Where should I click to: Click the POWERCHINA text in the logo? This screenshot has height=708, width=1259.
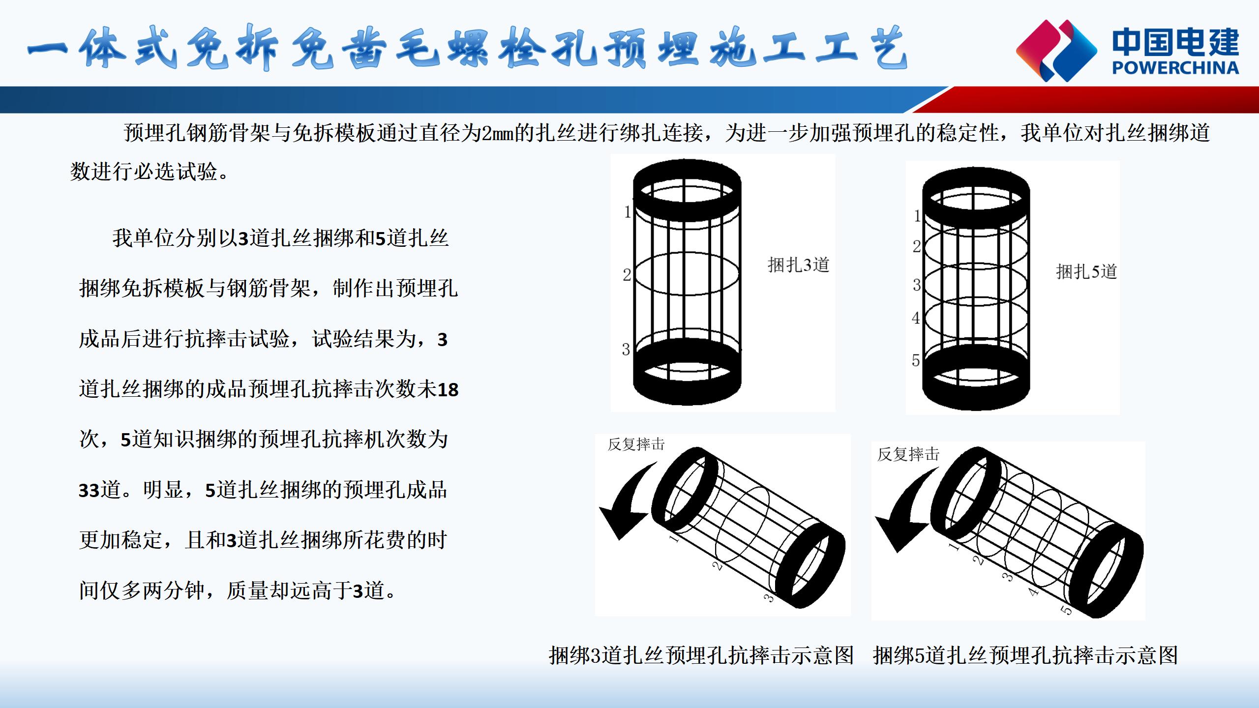(x=1175, y=67)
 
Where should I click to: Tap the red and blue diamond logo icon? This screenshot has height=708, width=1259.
(x=1056, y=50)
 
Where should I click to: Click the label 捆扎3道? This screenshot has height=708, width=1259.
(x=799, y=265)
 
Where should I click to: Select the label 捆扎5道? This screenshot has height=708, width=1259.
(x=1087, y=271)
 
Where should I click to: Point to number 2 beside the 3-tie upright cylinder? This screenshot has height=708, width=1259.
(x=627, y=274)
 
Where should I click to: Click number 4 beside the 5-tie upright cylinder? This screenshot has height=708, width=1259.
(x=916, y=318)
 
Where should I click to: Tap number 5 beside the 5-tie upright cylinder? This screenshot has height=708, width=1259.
(x=916, y=360)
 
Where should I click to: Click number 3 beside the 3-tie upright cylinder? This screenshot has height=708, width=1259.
(x=626, y=349)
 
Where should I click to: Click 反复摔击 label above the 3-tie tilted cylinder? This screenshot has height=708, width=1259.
(x=636, y=444)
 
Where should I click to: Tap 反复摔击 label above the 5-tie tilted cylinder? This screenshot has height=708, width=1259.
(x=908, y=454)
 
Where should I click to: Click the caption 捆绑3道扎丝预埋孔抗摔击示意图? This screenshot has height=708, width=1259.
(x=701, y=655)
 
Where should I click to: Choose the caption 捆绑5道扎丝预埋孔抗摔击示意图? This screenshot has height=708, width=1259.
(x=1025, y=655)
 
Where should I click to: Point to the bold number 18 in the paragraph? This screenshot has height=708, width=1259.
(x=448, y=390)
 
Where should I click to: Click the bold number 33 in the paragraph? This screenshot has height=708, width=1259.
(x=90, y=491)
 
